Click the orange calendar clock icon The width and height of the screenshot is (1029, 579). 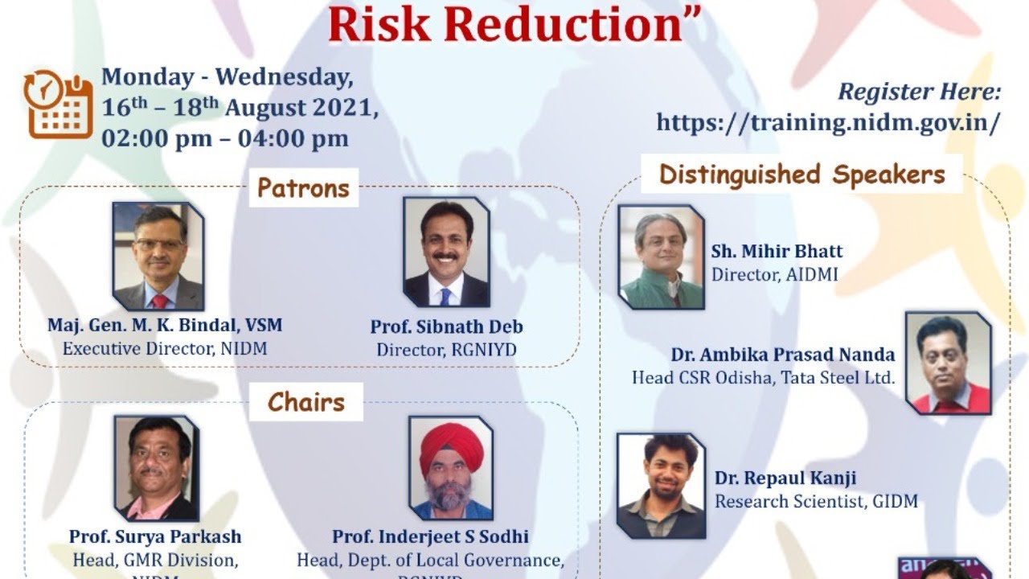click(x=59, y=104)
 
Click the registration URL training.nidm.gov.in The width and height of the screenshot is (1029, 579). click(x=828, y=122)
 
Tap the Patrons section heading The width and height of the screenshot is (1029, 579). click(x=303, y=188)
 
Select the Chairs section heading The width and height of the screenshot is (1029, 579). click(x=305, y=402)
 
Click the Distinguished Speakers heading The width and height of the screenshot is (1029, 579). click(x=801, y=175)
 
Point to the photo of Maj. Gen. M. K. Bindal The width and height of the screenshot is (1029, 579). click(x=158, y=256)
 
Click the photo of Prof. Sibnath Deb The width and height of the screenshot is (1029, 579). click(x=446, y=253)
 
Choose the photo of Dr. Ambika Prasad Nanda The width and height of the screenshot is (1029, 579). click(x=948, y=363)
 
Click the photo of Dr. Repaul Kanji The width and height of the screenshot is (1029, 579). click(x=661, y=486)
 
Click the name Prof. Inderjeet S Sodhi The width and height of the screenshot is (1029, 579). click(x=430, y=536)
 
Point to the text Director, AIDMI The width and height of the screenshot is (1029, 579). click(x=774, y=275)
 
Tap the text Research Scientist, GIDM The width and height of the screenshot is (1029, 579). click(x=816, y=502)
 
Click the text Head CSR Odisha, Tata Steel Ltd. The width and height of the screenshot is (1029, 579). click(x=763, y=377)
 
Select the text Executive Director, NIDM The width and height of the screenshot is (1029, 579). click(x=165, y=349)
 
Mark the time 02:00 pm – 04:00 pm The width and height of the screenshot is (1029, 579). click(x=225, y=138)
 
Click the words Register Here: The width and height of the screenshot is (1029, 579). click(x=919, y=92)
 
